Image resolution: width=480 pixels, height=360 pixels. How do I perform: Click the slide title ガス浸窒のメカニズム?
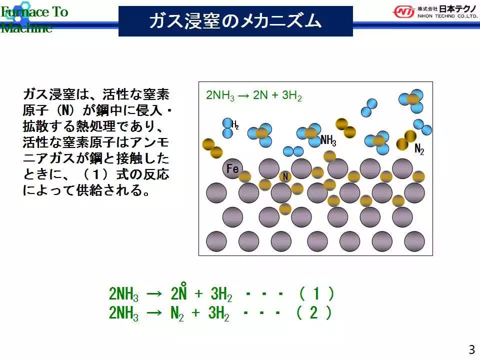click(x=235, y=21)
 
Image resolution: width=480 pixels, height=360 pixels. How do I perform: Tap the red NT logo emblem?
click(x=404, y=12)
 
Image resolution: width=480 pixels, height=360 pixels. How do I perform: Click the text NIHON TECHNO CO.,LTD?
click(x=447, y=16)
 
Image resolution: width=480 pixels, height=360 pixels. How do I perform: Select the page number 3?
click(x=471, y=349)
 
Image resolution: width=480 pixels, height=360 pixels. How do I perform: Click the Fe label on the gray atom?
click(x=232, y=168)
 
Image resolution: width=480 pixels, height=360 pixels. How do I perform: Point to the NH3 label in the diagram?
click(x=328, y=140)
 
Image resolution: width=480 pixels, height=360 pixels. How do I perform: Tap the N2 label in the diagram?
click(x=419, y=149)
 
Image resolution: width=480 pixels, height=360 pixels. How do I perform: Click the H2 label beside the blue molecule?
click(x=235, y=124)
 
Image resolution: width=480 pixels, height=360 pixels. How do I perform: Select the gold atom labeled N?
click(x=285, y=176)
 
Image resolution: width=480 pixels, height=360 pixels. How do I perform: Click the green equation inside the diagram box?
click(x=254, y=95)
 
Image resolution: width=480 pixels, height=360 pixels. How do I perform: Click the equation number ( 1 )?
click(x=316, y=293)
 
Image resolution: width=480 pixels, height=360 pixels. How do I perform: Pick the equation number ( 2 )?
click(x=314, y=313)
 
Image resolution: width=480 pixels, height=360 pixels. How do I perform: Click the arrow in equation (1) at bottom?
click(x=154, y=294)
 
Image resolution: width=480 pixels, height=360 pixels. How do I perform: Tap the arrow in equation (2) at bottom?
click(x=154, y=313)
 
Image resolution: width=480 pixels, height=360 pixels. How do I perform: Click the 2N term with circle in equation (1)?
click(x=178, y=291)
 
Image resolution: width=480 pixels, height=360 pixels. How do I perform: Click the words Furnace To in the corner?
click(x=34, y=12)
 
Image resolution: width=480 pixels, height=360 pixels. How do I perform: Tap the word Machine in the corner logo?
click(x=26, y=27)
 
